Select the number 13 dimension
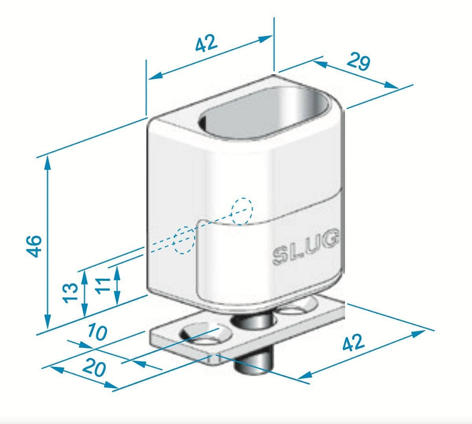pos(70,292)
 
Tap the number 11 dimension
pos(102,285)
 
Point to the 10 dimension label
pos(97,332)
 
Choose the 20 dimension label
pos(94,367)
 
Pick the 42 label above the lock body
pos(206,43)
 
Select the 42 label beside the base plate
pos(354,342)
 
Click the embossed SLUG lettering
pos(305,247)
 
